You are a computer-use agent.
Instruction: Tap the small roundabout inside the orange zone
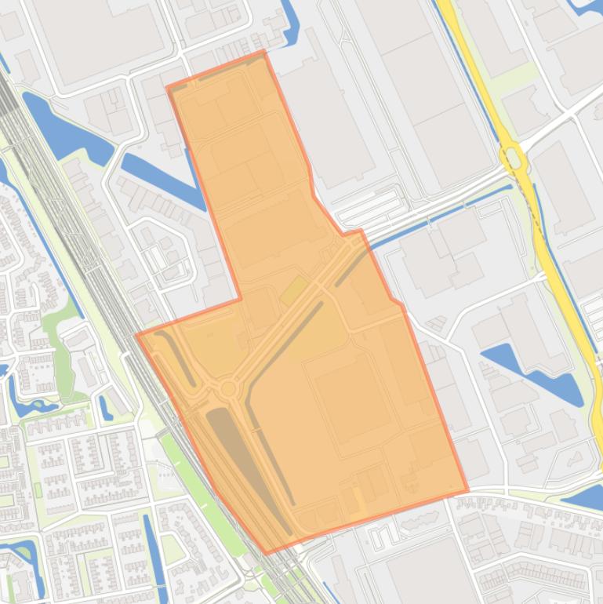click(229, 388)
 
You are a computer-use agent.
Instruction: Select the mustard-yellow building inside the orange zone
click(295, 291)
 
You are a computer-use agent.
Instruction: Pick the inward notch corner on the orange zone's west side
click(241, 299)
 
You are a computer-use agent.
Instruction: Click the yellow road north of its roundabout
click(470, 63)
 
